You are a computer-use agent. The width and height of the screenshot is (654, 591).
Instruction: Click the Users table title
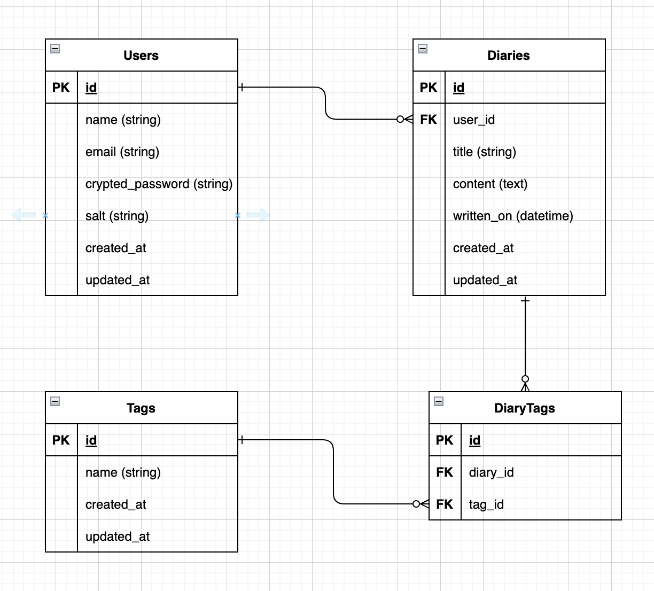[x=141, y=56]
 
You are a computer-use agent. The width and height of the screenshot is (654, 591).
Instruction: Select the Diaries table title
[x=509, y=56]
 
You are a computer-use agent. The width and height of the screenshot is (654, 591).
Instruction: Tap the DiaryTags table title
[x=525, y=408]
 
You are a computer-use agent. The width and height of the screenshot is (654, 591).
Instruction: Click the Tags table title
[x=141, y=408]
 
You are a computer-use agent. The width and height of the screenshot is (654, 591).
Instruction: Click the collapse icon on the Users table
[x=55, y=49]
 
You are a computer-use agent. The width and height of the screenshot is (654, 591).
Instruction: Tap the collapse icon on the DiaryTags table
[x=439, y=401]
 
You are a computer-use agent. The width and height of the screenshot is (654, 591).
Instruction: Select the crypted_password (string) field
[x=159, y=184]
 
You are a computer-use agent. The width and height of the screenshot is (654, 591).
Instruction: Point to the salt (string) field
[x=117, y=216]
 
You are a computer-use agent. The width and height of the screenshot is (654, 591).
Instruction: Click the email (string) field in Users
[x=122, y=152]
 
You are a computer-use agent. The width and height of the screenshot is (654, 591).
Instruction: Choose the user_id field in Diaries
[x=474, y=120]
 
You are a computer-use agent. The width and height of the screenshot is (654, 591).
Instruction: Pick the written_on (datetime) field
[x=513, y=216]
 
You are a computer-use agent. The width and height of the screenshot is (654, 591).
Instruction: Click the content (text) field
[x=490, y=184]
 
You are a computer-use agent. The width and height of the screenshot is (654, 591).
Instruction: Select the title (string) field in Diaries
[x=485, y=152]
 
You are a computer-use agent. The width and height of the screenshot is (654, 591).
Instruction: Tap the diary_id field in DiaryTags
[x=492, y=472]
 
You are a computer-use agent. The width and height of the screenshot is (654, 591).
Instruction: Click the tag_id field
[x=486, y=505]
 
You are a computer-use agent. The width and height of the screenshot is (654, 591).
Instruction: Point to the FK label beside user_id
[x=429, y=120]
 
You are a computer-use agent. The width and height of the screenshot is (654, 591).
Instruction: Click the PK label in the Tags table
[x=61, y=440]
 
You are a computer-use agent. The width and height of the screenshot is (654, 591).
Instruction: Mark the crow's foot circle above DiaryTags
[x=525, y=379]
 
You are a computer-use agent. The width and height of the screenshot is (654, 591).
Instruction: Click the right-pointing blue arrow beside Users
[x=259, y=215]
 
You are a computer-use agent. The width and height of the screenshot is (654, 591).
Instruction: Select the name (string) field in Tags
[x=123, y=473]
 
